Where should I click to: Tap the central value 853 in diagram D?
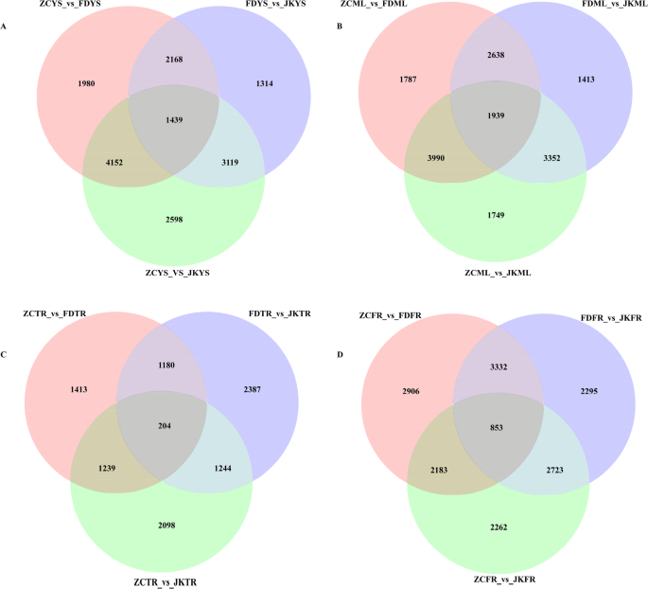pyautogui.click(x=498, y=401)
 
